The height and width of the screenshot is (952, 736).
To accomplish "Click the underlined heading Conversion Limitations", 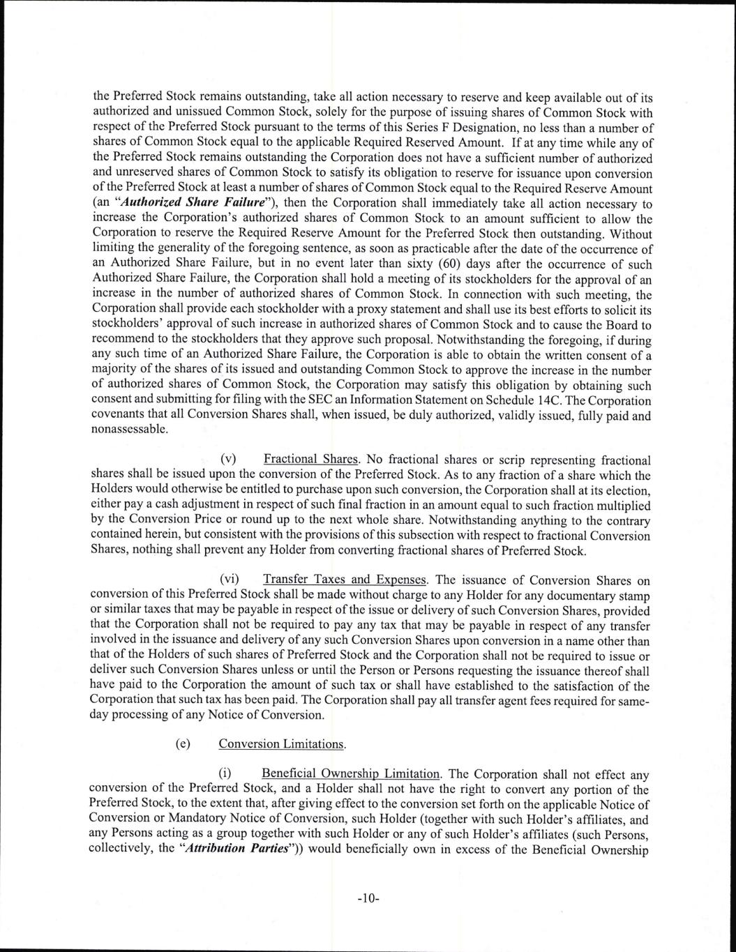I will click(282, 743).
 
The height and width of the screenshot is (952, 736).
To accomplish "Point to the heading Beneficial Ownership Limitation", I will click(350, 774).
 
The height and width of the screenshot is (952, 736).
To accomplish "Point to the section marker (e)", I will click(183, 743).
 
